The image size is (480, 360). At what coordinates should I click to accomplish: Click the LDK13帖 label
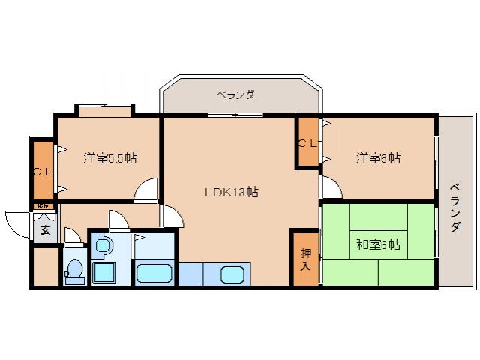[232, 192]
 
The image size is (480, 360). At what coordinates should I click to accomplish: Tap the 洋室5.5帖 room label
[109, 158]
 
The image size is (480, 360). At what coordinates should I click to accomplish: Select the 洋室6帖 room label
[377, 158]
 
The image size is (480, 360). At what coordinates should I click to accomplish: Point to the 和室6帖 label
[377, 244]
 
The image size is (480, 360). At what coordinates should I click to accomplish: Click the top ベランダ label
[235, 94]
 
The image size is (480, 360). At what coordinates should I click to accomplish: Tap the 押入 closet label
[306, 258]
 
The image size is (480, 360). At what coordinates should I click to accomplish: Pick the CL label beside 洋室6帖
[308, 142]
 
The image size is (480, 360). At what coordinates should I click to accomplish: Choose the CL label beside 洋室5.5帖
[41, 171]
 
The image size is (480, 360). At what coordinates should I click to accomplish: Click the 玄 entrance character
[45, 230]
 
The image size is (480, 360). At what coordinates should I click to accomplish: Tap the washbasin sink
[103, 244]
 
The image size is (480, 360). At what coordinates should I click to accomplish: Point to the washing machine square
[104, 271]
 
